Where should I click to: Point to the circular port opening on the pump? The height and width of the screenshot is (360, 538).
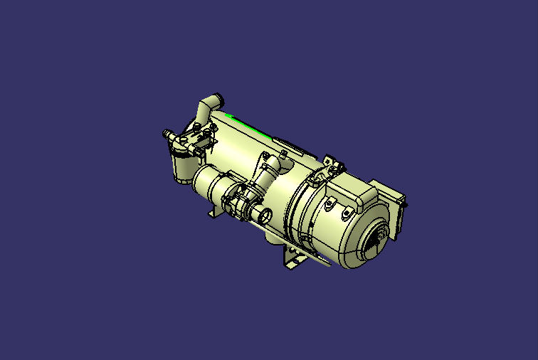pos(265,215)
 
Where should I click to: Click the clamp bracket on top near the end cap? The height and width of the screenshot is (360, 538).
pos(330,166)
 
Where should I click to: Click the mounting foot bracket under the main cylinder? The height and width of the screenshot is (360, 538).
pos(292,259)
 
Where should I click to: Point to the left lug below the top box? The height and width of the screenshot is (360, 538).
pos(328,205)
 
